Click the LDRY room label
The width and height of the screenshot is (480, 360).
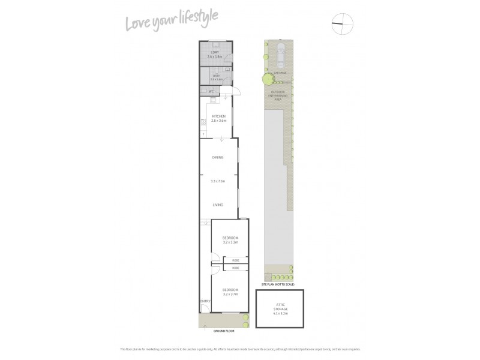pos(214,52)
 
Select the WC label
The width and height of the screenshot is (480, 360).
pos(211,91)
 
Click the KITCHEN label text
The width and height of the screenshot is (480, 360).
pos(218,116)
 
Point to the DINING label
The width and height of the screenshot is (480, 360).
pos(218,157)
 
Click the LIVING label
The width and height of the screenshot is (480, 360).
pos(218,205)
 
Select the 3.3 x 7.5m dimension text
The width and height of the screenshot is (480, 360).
pos(218,181)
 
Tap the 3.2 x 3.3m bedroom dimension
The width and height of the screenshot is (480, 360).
pos(230,242)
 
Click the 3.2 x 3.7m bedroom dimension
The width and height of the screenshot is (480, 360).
pos(230,295)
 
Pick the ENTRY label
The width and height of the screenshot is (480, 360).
pos(205,301)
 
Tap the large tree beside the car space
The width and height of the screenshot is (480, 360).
pos(265,78)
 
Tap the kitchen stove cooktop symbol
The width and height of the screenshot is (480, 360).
pos(203,121)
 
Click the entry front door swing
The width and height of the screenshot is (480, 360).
pos(205,309)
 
